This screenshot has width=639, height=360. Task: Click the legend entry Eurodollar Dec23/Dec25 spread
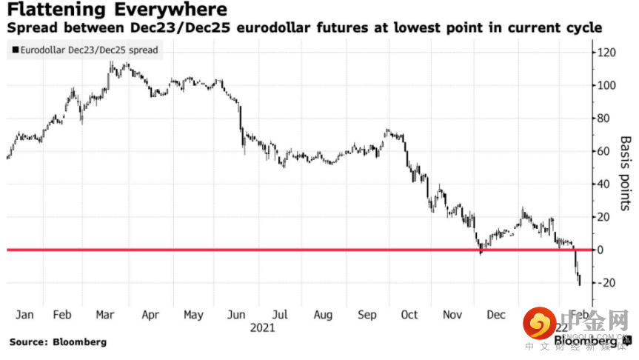click(88, 50)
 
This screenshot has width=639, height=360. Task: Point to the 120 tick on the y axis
click(609, 53)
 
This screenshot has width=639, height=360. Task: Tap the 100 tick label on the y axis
click(609, 85)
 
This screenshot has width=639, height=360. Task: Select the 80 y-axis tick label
click(606, 119)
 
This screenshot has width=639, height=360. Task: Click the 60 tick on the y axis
click(606, 151)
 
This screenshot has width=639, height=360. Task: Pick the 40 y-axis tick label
click(606, 184)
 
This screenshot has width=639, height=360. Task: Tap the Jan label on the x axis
click(24, 315)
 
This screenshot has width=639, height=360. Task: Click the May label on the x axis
click(193, 315)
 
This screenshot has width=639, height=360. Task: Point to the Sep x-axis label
click(367, 315)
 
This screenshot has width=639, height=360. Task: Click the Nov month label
click(452, 315)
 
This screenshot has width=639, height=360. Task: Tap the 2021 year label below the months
click(264, 327)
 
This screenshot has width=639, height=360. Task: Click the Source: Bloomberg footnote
click(58, 342)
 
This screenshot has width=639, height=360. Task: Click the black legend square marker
click(14, 50)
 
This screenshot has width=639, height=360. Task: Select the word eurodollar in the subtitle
click(322, 28)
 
